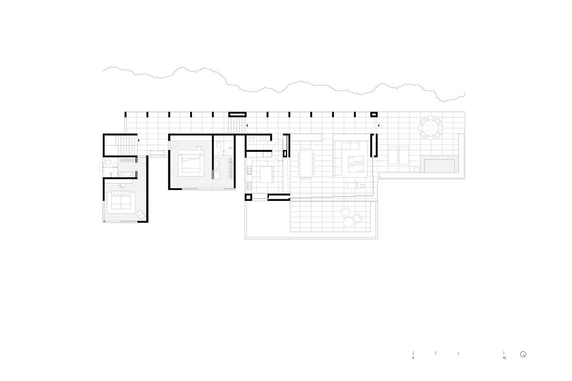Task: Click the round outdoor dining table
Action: click(x=430, y=128)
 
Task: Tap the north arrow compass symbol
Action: click(x=523, y=354)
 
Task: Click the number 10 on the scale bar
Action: click(x=504, y=358)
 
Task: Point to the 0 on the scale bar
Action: click(x=413, y=358)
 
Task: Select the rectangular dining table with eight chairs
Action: click(x=306, y=163)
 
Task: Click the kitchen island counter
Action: click(x=266, y=174)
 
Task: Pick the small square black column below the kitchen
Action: click(x=248, y=197)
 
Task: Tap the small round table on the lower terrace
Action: click(x=348, y=222)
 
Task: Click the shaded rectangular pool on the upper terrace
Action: click(x=439, y=166)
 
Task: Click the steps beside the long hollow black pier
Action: click(x=237, y=125)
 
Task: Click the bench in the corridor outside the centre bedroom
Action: click(x=157, y=153)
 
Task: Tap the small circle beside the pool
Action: click(x=417, y=169)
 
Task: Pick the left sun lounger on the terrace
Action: click(x=393, y=155)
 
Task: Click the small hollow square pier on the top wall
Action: click(x=374, y=114)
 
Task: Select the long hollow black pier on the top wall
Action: click(x=237, y=114)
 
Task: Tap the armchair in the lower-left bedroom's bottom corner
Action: click(x=141, y=215)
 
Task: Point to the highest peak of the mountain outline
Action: click(x=182, y=67)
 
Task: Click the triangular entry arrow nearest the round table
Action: click(x=379, y=126)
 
